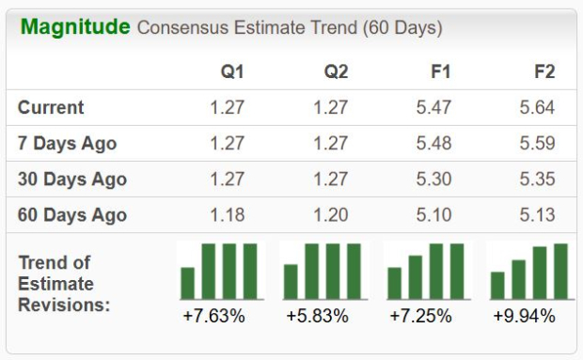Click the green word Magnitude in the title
pyautogui.click(x=75, y=26)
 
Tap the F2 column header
pyautogui.click(x=540, y=70)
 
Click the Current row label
pyautogui.click(x=51, y=107)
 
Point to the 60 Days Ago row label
pyautogui.click(x=72, y=214)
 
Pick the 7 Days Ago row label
pyautogui.click(x=68, y=143)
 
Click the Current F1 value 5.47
pyautogui.click(x=433, y=107)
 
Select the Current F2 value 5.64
pyautogui.click(x=536, y=107)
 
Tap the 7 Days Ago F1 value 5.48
pyautogui.click(x=433, y=143)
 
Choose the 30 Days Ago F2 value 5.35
pyautogui.click(x=536, y=179)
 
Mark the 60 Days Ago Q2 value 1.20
pyautogui.click(x=330, y=214)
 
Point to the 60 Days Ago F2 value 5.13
pyautogui.click(x=536, y=214)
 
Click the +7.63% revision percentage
pyautogui.click(x=213, y=316)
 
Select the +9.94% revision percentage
pyautogui.click(x=524, y=316)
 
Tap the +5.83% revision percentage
pyautogui.click(x=317, y=316)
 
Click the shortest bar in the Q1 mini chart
pyautogui.click(x=188, y=282)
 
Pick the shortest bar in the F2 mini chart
pyautogui.click(x=497, y=284)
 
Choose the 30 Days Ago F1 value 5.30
pyautogui.click(x=433, y=179)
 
